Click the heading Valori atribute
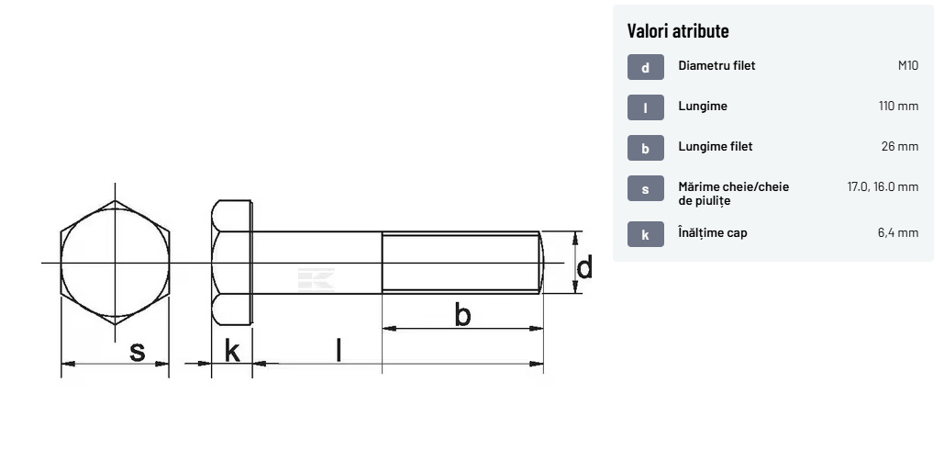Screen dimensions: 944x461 coord(678,30)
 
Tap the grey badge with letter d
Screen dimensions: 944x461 coord(646,67)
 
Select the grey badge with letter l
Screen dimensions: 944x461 coord(646,107)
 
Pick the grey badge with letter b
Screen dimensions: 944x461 coord(646,148)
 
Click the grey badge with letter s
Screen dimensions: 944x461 coord(646,188)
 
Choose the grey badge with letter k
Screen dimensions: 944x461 coord(646,234)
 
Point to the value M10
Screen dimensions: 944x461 coord(908,65)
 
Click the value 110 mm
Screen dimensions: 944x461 coord(898,106)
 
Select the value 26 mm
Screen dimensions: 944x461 coord(899,146)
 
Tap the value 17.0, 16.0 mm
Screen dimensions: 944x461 coord(883,186)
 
